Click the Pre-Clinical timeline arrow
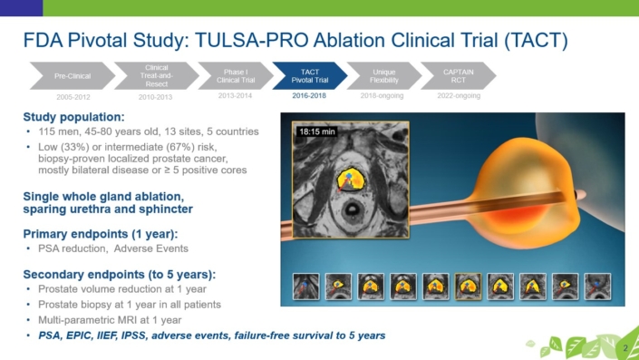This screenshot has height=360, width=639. click(x=71, y=75)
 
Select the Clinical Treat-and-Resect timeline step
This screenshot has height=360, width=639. click(x=156, y=75)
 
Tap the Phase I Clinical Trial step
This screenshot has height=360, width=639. click(x=235, y=75)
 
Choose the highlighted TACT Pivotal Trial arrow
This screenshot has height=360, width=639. click(x=308, y=75)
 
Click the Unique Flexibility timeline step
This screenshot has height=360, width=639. click(x=382, y=75)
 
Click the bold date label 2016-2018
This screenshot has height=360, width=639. click(x=309, y=95)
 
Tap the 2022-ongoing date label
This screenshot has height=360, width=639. click(x=458, y=95)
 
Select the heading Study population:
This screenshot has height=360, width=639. click(x=74, y=117)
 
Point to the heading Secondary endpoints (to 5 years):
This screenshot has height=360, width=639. click(x=119, y=275)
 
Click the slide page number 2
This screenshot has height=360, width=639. click(x=625, y=348)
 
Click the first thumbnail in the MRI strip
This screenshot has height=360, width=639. click(x=305, y=287)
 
